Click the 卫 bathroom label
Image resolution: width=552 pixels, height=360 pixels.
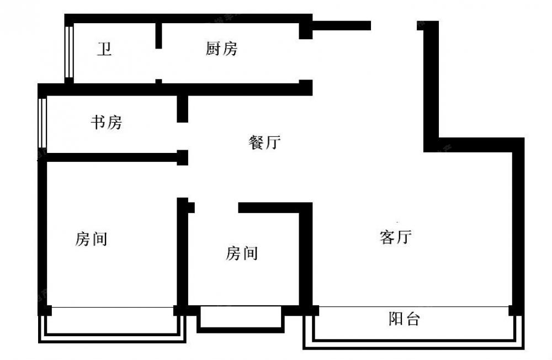[104, 49]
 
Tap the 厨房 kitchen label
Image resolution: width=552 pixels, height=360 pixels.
[221, 48]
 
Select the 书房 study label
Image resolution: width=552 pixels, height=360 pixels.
[107, 122]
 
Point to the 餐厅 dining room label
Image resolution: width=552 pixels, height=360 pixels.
[264, 142]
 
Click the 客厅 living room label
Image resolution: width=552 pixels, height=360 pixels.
[396, 237]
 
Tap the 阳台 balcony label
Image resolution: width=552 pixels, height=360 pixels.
[404, 319]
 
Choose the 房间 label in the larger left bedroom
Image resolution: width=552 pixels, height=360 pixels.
[91, 239]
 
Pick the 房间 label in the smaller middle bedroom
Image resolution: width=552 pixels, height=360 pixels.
[242, 253]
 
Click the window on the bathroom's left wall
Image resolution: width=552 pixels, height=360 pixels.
[69, 52]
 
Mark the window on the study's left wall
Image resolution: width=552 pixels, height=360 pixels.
[43, 123]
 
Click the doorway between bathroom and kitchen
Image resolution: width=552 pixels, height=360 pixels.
[159, 64]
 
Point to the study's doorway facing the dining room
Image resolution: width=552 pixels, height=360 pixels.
[182, 136]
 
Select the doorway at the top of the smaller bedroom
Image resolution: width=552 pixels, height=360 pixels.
[216, 208]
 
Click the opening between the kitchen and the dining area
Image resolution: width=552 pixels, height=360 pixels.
[306, 60]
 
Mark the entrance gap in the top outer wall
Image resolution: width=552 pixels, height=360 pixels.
[394, 25]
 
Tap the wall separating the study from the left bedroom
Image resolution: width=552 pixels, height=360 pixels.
[113, 157]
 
